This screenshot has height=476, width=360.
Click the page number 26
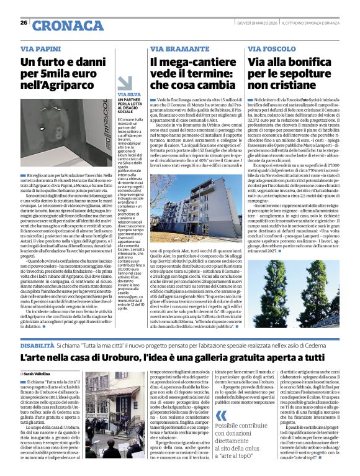coord(24,23)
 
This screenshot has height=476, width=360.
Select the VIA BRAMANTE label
coord(171,48)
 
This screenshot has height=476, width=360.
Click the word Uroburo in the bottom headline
coord(115,358)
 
